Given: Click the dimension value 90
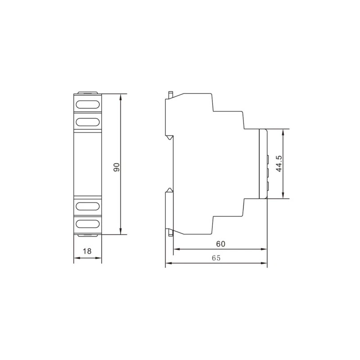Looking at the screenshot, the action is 117,167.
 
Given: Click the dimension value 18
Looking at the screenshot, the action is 87,251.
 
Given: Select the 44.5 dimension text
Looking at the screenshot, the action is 279,163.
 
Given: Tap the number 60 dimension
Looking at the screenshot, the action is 220,244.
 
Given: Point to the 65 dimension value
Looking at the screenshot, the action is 216,258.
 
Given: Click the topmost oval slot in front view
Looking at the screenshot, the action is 88,104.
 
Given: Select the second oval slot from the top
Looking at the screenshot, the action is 88,122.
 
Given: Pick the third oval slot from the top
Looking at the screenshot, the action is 88,207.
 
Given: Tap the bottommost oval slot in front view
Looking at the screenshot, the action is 88,224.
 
